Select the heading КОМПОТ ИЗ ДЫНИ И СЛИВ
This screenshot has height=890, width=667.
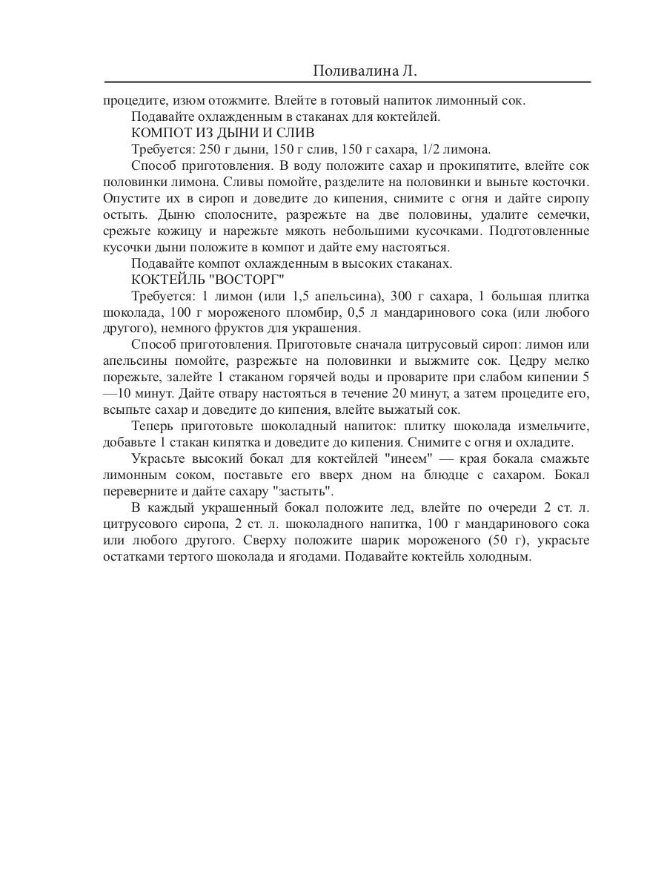pyautogui.click(x=223, y=133)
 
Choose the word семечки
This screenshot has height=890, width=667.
pyautogui.click(x=564, y=214)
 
